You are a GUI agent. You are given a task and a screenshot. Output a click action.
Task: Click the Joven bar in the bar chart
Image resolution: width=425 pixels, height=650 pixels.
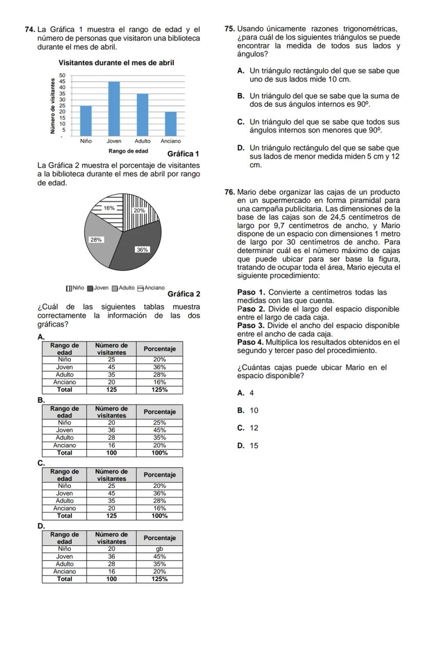tap(114, 108)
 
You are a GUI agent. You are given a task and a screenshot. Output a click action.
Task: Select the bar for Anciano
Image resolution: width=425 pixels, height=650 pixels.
tap(170, 123)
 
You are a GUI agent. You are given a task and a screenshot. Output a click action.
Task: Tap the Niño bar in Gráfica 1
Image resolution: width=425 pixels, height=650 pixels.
tap(86, 120)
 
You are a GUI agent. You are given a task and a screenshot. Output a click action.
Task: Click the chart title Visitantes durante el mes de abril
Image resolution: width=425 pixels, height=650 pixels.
tap(117, 63)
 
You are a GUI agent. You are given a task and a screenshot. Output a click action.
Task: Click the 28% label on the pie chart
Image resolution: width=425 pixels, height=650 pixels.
tap(96, 240)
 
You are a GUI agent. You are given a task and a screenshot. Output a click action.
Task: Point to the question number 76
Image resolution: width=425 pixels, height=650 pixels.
tap(230, 192)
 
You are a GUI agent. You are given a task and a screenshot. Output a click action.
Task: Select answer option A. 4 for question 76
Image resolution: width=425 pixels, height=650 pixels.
tap(246, 393)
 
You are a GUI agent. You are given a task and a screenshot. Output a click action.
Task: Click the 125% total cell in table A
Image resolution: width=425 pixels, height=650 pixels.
tap(160, 390)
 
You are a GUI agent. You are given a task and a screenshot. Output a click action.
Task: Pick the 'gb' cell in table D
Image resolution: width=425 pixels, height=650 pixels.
tap(160, 549)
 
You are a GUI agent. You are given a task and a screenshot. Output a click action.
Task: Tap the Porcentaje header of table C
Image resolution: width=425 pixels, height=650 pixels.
tap(160, 475)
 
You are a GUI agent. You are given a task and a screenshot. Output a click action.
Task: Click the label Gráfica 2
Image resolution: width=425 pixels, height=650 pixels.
tap(184, 294)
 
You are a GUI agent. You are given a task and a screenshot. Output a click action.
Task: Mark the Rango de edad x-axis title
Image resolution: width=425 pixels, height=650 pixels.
tap(128, 151)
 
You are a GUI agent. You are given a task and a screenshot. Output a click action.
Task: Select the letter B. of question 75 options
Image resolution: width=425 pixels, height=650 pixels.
tap(241, 96)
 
